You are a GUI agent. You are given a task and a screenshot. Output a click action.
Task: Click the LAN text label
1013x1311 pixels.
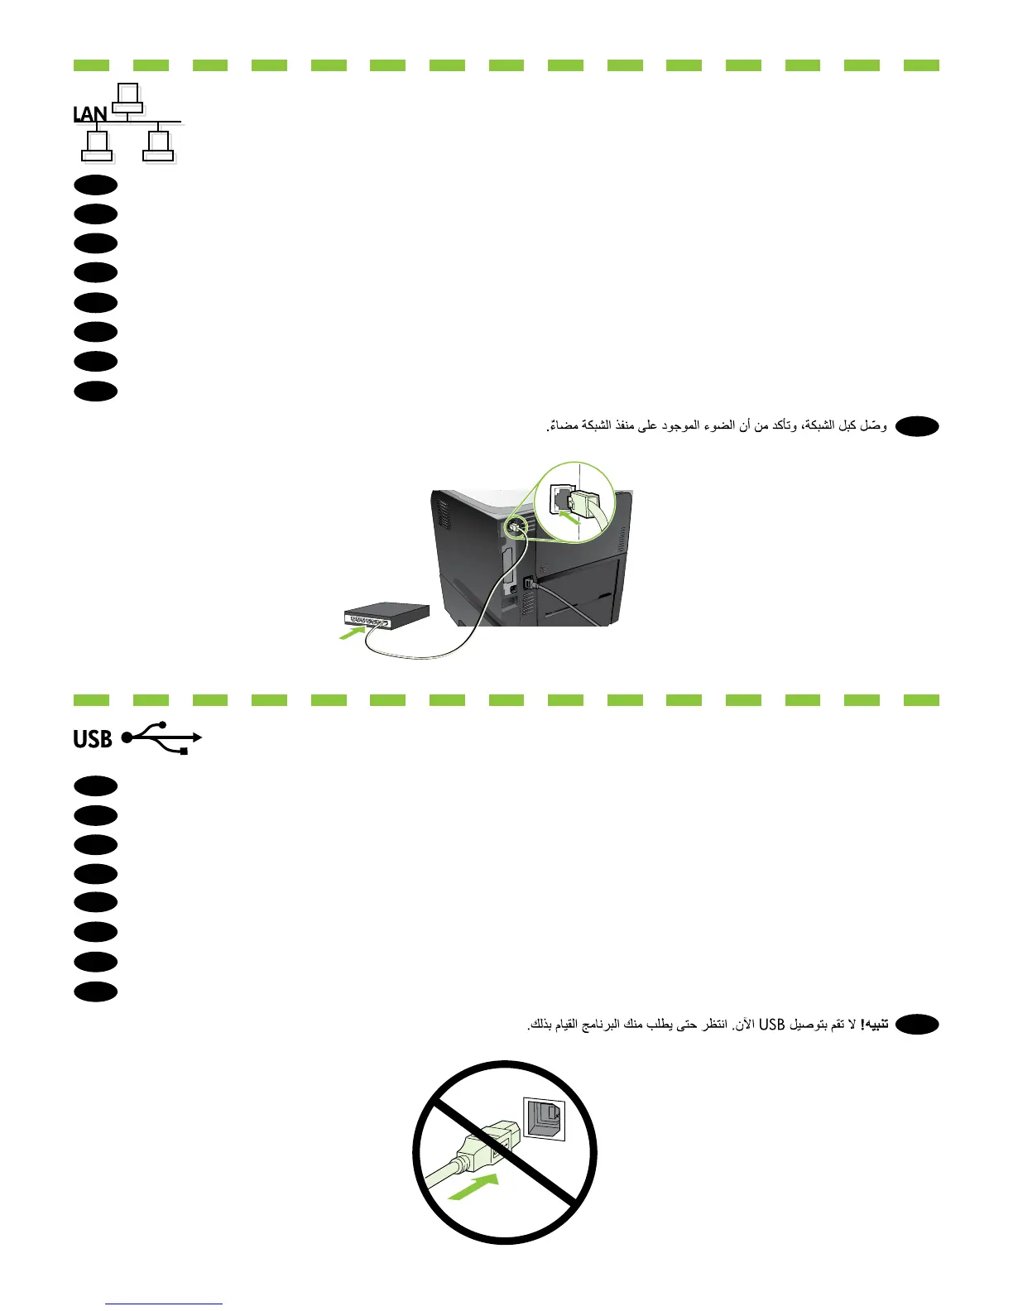89,114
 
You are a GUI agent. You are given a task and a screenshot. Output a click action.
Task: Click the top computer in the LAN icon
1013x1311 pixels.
127,98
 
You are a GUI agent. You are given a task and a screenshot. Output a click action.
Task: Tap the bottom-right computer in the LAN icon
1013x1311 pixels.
157,146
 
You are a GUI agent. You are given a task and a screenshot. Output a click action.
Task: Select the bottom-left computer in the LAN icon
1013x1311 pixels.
97,146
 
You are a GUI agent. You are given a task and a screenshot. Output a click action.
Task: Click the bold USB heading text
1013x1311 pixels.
92,738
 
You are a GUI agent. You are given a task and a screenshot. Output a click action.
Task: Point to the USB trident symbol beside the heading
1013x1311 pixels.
163,737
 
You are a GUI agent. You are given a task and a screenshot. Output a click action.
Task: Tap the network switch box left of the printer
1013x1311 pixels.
387,617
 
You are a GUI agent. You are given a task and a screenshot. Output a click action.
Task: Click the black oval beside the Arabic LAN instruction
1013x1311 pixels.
917,426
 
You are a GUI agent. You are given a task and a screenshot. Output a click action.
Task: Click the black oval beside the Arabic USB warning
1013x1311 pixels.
917,1025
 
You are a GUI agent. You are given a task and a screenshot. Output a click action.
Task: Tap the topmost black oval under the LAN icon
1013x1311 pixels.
96,184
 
